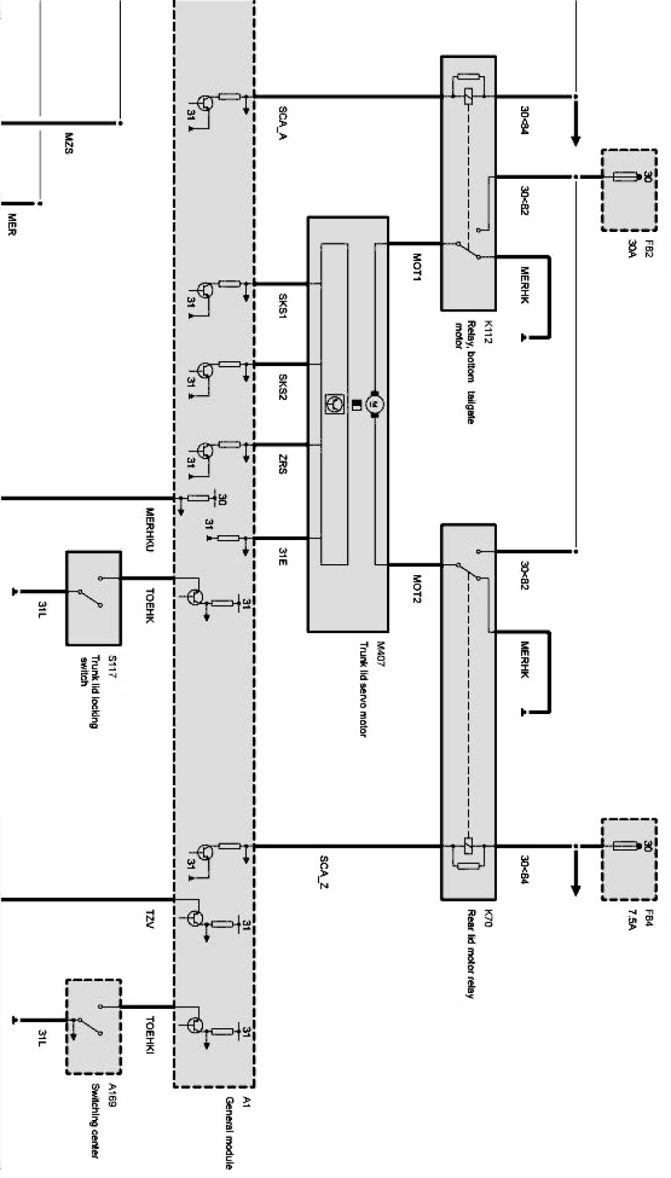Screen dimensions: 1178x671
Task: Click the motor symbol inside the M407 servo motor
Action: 375,403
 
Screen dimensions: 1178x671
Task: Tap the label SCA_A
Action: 283,123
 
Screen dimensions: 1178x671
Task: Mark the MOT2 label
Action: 417,589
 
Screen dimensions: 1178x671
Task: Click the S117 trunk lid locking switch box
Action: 93,598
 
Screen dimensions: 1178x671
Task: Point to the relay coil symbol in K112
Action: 469,97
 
